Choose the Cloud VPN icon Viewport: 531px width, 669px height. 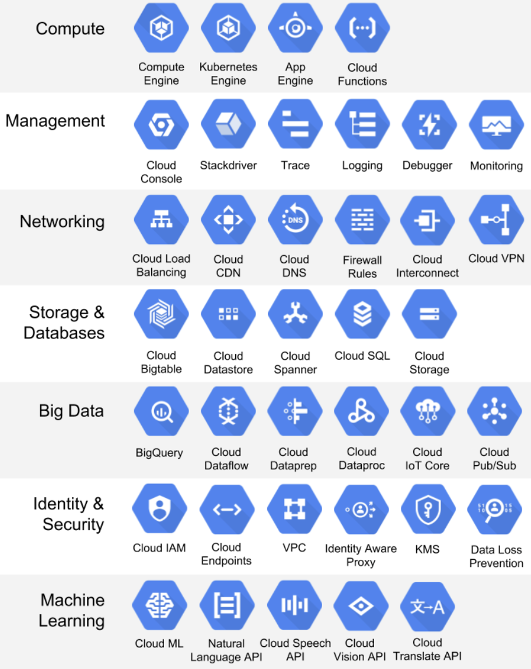point(497,219)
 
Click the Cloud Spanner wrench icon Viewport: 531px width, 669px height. point(295,315)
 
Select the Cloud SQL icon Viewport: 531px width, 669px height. point(362,315)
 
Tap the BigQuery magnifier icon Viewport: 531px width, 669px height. point(161,412)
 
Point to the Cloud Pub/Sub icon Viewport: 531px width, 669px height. point(497,412)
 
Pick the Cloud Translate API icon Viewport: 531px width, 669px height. point(428,607)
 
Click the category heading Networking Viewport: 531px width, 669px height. point(62,222)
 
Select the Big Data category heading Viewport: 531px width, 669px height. point(71,411)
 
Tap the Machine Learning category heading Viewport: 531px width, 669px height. point(72,610)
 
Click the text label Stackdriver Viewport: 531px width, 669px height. point(228,165)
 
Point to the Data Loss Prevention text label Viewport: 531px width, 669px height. point(496,556)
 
